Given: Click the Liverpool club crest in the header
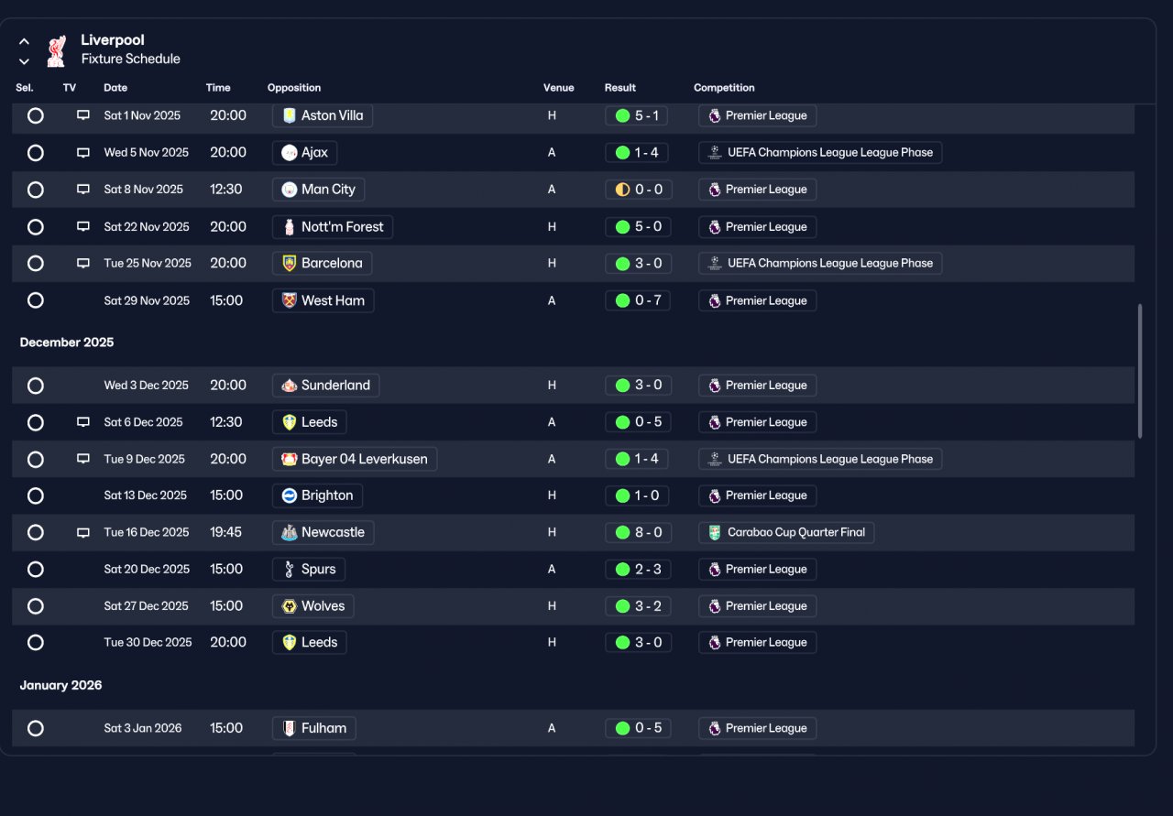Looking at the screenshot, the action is pyautogui.click(x=57, y=50).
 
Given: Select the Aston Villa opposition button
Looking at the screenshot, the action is pyautogui.click(x=323, y=115).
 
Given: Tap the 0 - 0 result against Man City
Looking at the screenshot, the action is pyautogui.click(x=639, y=190).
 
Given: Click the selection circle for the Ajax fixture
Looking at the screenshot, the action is pyautogui.click(x=36, y=153).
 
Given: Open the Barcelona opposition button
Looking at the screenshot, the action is pyautogui.click(x=322, y=263).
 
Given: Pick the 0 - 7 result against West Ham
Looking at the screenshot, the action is pyautogui.click(x=638, y=300).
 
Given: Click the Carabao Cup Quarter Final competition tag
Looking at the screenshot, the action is pyautogui.click(x=786, y=532).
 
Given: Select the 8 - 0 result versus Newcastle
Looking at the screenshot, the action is pyautogui.click(x=639, y=532).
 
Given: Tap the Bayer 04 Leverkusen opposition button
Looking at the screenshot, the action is pyautogui.click(x=355, y=459).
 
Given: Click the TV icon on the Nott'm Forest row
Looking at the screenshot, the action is pyautogui.click(x=83, y=226).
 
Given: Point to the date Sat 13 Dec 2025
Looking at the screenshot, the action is pyautogui.click(x=145, y=495).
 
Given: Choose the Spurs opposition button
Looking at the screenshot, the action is pyautogui.click(x=309, y=569).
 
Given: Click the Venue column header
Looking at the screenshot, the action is pyautogui.click(x=558, y=88).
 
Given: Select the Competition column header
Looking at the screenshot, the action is pyautogui.click(x=724, y=88).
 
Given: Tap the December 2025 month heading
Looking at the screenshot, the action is pyautogui.click(x=67, y=343).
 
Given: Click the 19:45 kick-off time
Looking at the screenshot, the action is pyautogui.click(x=225, y=532).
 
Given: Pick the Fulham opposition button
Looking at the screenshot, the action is pyautogui.click(x=313, y=728).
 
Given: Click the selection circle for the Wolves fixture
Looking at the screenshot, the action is pyautogui.click(x=36, y=606).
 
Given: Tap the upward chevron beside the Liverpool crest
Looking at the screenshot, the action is pyautogui.click(x=24, y=41).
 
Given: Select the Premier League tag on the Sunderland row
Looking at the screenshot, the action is pyautogui.click(x=757, y=386).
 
